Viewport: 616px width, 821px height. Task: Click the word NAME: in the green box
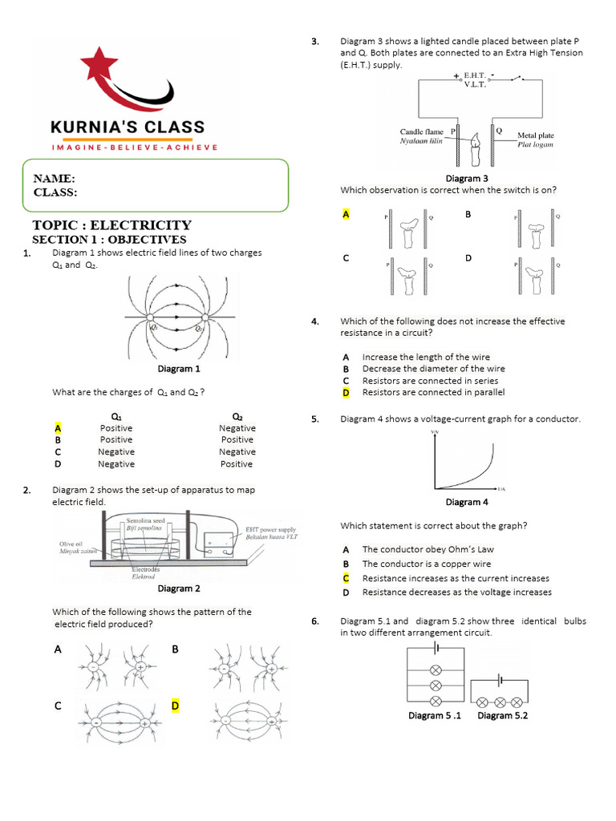pos(55,179)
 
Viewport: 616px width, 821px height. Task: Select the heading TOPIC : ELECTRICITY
pos(111,225)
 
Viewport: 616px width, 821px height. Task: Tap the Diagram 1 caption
pos(179,369)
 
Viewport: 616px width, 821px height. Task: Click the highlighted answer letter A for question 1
pos(58,428)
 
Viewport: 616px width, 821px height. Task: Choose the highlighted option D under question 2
pos(175,706)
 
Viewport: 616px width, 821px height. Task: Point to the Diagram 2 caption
pos(179,588)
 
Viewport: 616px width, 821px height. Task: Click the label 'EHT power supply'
pos(270,530)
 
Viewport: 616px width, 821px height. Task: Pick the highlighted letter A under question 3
pos(346,215)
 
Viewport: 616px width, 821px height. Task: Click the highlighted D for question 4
pos(346,393)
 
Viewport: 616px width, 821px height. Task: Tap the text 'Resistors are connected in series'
pos(430,381)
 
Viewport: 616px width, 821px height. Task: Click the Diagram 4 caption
pos(463,502)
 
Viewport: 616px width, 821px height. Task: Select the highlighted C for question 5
pos(346,578)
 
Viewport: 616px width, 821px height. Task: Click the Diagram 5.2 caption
pos(502,715)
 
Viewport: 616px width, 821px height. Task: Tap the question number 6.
pos(315,621)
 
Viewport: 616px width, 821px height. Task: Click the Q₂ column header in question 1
pos(237,417)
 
